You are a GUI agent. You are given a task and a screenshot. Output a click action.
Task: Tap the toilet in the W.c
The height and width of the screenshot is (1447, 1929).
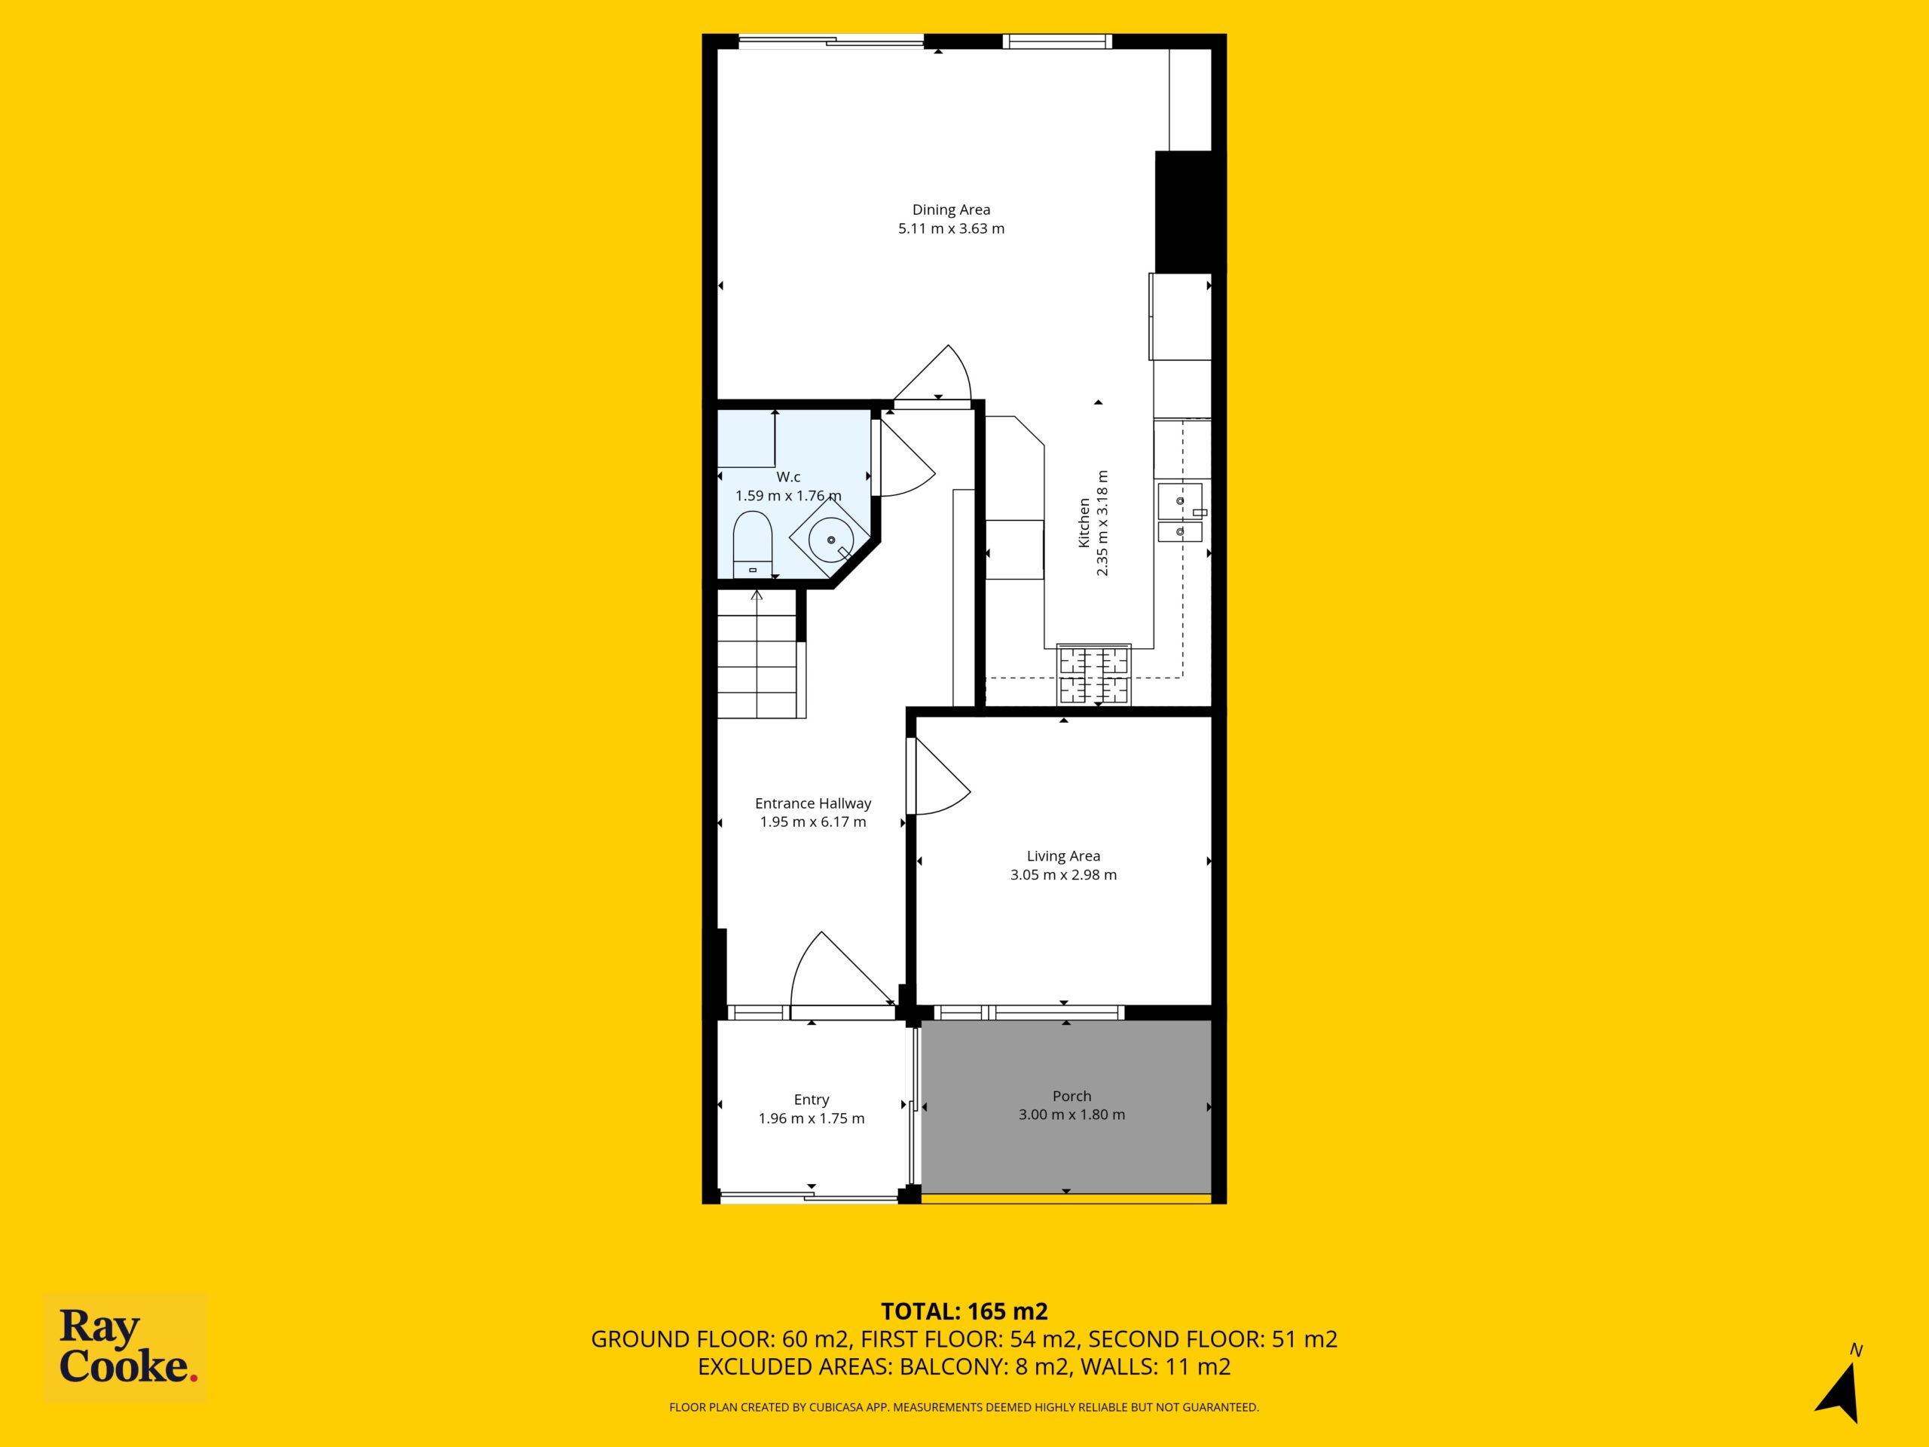pyautogui.click(x=753, y=545)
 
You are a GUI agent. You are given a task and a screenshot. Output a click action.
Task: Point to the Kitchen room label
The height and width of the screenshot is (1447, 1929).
pyautogui.click(x=1084, y=523)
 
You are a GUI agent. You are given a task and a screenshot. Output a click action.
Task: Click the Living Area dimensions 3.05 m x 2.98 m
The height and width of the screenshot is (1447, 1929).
pyautogui.click(x=1063, y=875)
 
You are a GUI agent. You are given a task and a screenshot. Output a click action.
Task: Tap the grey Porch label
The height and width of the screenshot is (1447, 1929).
pyautogui.click(x=1071, y=1097)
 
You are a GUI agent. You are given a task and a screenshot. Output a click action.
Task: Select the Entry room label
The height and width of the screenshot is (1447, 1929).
pyautogui.click(x=811, y=1100)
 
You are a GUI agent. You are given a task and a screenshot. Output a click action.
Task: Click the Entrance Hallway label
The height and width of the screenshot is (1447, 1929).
pyautogui.click(x=813, y=803)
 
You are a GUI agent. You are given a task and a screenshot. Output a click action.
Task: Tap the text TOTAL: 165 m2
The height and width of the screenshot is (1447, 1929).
pyautogui.click(x=964, y=1311)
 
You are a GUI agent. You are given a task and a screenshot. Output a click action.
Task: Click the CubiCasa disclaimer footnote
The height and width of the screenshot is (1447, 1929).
pyautogui.click(x=964, y=1407)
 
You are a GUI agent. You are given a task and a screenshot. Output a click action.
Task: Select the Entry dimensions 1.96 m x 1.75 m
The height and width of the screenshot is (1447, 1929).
pyautogui.click(x=811, y=1118)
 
